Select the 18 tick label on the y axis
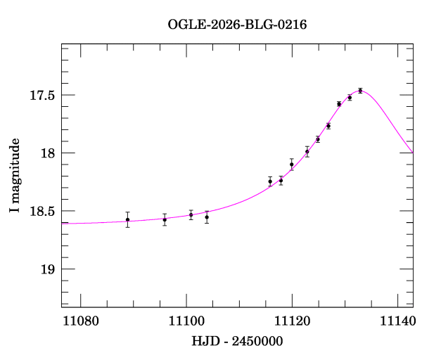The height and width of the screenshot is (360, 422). point(49,153)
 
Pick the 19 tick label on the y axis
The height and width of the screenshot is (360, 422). point(49,269)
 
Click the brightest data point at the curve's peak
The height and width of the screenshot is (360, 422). point(360,91)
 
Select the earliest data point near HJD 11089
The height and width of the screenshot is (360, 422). point(127,219)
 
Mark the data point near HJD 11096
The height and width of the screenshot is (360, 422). point(165,219)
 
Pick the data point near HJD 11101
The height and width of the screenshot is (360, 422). point(191,215)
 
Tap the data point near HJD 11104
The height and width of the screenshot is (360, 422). point(207,217)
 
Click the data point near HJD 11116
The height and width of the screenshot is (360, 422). point(270,181)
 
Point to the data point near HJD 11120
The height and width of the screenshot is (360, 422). point(291,164)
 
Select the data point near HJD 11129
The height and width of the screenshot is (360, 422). point(339,104)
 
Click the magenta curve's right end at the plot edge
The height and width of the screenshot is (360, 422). point(412,153)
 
